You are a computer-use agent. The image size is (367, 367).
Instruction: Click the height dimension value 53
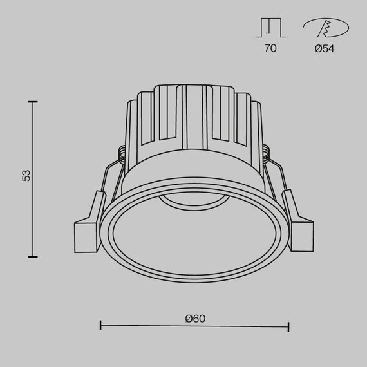coord(26,175)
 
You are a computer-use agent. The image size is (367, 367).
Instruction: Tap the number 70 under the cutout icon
coord(270,48)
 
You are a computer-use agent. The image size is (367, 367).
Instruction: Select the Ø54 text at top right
coord(325,48)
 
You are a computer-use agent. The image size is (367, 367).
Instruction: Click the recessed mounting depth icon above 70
coord(270,28)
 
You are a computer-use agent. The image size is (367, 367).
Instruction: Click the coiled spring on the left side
coord(120,153)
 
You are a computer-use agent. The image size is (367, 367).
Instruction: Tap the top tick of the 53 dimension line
coord(32,101)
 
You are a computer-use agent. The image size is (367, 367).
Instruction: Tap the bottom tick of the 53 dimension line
coord(32,256)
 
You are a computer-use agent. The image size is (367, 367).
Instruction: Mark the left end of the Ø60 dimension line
coord(101,326)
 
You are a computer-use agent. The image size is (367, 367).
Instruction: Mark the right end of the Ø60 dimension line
coord(288,326)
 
